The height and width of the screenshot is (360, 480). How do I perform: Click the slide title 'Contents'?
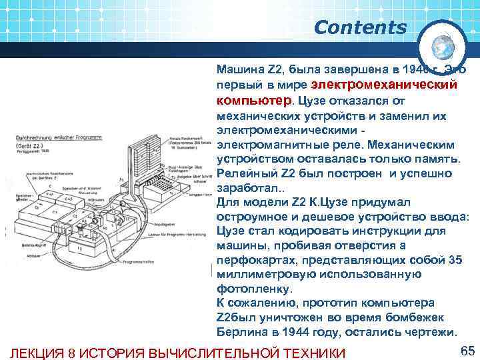tap(359, 28)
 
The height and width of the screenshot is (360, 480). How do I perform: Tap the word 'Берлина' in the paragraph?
tap(242, 332)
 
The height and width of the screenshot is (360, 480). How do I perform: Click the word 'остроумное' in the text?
tap(253, 217)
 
